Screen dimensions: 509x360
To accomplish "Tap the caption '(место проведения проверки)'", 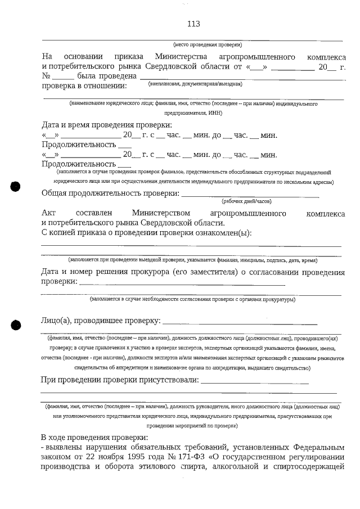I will (x=207, y=44).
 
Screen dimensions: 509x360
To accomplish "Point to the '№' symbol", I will (x=47, y=76).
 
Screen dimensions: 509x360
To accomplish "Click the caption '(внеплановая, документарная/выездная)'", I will (x=195, y=84).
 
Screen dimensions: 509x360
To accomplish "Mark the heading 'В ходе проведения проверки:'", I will (x=94, y=437).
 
